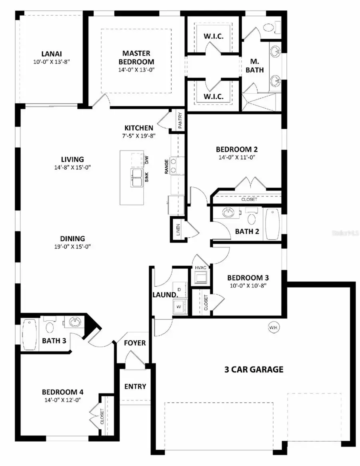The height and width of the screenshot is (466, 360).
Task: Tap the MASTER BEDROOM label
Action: pyautogui.click(x=136, y=57)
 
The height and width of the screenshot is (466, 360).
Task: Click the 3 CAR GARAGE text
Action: pyautogui.click(x=254, y=369)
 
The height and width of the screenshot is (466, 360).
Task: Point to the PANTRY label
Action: pyautogui.click(x=180, y=120)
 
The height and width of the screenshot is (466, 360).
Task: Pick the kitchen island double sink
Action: pyautogui.click(x=137, y=178)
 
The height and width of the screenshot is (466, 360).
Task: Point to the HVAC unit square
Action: pyautogui.click(x=200, y=277)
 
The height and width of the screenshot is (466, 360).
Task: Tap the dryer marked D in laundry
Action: pyautogui.click(x=179, y=289)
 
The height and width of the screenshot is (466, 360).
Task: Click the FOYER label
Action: pyautogui.click(x=135, y=343)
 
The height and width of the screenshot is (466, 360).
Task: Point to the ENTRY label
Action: pyautogui.click(x=135, y=386)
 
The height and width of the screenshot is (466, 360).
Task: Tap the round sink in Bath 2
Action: pyautogui.click(x=229, y=212)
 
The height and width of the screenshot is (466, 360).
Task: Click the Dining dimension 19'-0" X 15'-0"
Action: pyautogui.click(x=70, y=246)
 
